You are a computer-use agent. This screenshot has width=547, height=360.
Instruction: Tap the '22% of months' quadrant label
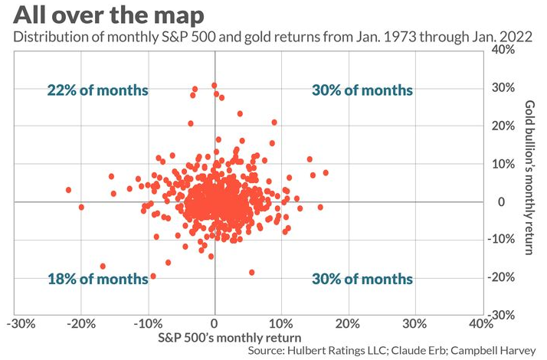[97, 90]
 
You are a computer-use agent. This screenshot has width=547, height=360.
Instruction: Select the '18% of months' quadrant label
[97, 279]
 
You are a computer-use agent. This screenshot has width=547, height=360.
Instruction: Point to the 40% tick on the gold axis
[503, 50]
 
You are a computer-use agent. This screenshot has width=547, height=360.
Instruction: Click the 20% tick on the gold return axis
[503, 126]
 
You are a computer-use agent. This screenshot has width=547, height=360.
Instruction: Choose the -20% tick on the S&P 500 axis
[80, 324]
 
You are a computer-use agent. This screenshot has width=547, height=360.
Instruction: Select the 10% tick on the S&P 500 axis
[280, 324]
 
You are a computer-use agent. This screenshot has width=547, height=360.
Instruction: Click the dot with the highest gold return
[215, 86]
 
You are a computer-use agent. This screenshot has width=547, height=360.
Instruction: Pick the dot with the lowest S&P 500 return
[69, 189]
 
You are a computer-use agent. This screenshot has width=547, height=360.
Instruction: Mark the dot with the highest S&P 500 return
[326, 173]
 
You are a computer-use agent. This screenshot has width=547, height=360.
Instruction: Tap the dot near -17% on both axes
[103, 266]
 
